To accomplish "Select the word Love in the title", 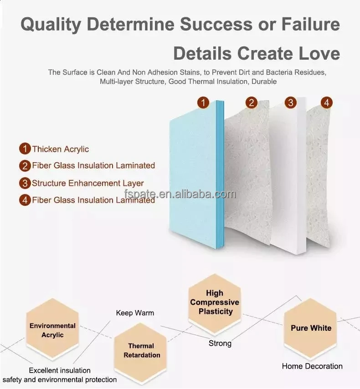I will (x=320, y=54).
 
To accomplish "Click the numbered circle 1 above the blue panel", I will (x=203, y=102).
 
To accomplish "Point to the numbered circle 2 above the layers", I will (x=252, y=102).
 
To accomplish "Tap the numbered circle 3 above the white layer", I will (x=291, y=102).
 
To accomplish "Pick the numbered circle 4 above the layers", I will (x=326, y=102).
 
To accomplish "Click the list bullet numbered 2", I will (x=25, y=166).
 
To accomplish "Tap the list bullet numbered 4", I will (x=25, y=200).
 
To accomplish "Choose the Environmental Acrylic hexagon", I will (x=52, y=330).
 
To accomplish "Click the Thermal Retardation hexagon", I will (x=142, y=350).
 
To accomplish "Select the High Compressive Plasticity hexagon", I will (x=215, y=302).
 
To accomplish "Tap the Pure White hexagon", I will (x=311, y=328).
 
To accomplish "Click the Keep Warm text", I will (x=135, y=313).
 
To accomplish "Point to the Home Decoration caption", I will (x=312, y=366).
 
